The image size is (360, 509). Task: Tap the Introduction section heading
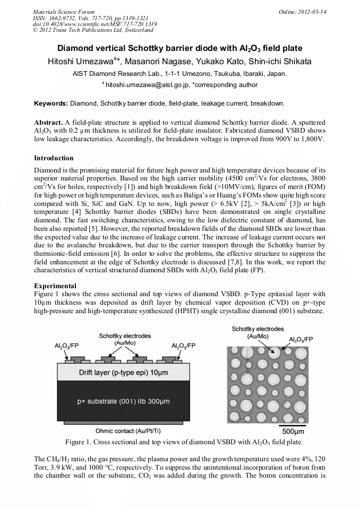54,158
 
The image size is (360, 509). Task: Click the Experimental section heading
54,286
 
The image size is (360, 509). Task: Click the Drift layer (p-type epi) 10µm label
124,373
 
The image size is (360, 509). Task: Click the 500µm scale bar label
293,430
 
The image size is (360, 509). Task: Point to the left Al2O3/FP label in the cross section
67,346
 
